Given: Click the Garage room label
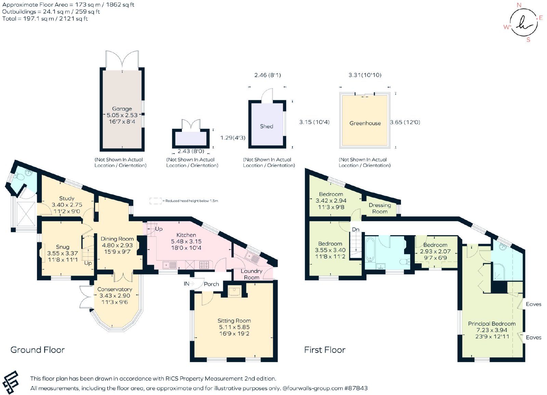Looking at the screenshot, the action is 122,109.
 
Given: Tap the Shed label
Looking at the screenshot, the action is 266,126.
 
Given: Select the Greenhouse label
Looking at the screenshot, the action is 365,123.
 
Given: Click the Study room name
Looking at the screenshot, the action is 67,198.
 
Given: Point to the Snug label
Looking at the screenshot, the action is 63,247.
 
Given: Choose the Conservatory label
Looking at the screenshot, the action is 115,289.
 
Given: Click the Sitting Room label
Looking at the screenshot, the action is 234,321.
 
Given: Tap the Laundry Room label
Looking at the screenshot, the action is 252,274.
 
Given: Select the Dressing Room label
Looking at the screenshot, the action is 380,208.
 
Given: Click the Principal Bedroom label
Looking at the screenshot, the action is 492,323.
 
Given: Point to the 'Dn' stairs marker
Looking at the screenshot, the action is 356,229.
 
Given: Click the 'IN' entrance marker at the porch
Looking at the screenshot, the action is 186,284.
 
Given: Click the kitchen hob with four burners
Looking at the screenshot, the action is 204,265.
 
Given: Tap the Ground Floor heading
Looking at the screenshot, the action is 38,350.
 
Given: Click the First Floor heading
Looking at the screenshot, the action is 325,350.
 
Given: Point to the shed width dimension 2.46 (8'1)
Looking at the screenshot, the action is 268,75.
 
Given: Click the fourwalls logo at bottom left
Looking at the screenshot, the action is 11,383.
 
